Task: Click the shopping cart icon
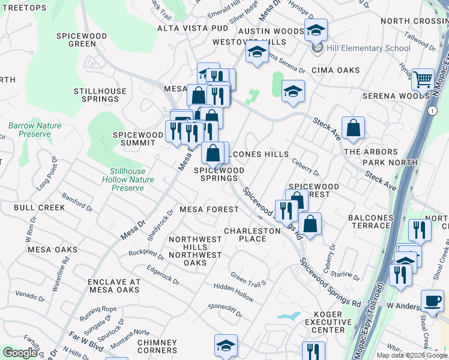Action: [x=423, y=79]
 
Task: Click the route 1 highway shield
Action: [x=432, y=110]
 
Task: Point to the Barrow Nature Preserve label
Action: [x=35, y=130]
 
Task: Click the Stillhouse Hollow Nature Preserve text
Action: [x=127, y=179]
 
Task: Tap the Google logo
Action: [x=20, y=353]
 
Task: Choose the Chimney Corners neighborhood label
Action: [x=157, y=346]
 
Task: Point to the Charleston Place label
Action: [x=252, y=235]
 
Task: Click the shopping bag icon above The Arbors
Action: [x=354, y=127]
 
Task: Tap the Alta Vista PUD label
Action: [x=193, y=28]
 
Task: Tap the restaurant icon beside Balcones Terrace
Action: [x=418, y=230]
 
